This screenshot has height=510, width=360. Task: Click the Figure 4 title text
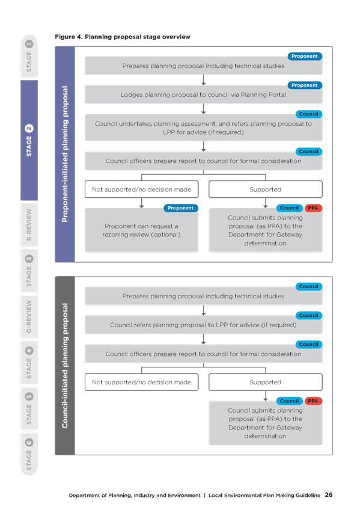(x=123, y=37)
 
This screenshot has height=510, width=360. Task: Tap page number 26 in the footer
(x=329, y=495)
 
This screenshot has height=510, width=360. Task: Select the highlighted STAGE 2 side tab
(x=29, y=140)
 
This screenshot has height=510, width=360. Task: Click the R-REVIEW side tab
(x=29, y=224)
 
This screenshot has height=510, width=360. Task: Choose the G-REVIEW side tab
(x=29, y=316)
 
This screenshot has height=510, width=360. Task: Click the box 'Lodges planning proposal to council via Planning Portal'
(x=203, y=94)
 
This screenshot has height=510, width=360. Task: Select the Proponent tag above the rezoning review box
(x=181, y=208)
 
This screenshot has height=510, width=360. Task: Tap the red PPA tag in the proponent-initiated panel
(x=313, y=208)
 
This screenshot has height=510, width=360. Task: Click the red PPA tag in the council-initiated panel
(x=313, y=401)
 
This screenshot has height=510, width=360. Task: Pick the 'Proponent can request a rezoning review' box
(x=141, y=230)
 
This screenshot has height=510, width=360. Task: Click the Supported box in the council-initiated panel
(x=266, y=382)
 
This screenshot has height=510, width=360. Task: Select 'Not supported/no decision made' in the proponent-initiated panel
(x=141, y=189)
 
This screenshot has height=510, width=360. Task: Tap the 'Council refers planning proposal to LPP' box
(x=203, y=325)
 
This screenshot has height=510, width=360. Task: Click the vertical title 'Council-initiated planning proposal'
(x=65, y=366)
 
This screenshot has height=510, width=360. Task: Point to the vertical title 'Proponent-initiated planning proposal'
(x=65, y=154)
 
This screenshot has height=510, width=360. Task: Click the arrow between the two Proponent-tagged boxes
(x=203, y=81)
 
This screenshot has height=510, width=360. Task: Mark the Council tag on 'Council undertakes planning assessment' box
(x=309, y=114)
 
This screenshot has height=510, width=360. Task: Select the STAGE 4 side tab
(x=29, y=363)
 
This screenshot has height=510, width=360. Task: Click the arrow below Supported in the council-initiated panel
(x=266, y=396)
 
